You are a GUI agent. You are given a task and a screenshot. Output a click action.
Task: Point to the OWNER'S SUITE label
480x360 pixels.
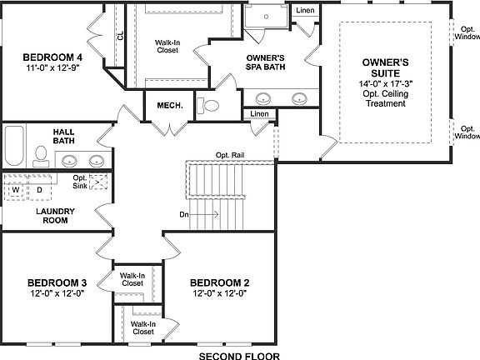(385, 67)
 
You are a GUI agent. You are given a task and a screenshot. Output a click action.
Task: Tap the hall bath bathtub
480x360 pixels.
(14, 147)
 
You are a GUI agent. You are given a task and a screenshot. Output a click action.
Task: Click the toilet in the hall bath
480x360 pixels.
(40, 155)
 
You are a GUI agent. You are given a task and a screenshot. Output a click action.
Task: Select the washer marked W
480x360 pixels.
(16, 190)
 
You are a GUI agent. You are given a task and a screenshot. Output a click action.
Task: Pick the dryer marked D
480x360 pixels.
(38, 190)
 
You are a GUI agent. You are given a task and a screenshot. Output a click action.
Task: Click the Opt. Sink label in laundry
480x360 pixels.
(80, 182)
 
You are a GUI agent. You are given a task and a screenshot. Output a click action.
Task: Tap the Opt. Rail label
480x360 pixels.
(231, 156)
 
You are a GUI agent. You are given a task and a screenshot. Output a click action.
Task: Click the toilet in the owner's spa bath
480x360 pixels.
(209, 106)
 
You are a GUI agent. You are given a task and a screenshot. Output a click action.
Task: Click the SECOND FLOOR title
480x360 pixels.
(239, 354)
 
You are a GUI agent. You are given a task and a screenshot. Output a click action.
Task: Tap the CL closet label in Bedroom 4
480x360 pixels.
(120, 35)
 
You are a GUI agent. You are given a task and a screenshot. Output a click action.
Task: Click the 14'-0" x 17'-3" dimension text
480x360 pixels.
(385, 84)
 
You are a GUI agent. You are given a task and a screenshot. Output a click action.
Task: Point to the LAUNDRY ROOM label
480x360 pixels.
(56, 216)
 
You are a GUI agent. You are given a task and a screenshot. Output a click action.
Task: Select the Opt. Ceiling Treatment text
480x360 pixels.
(385, 99)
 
